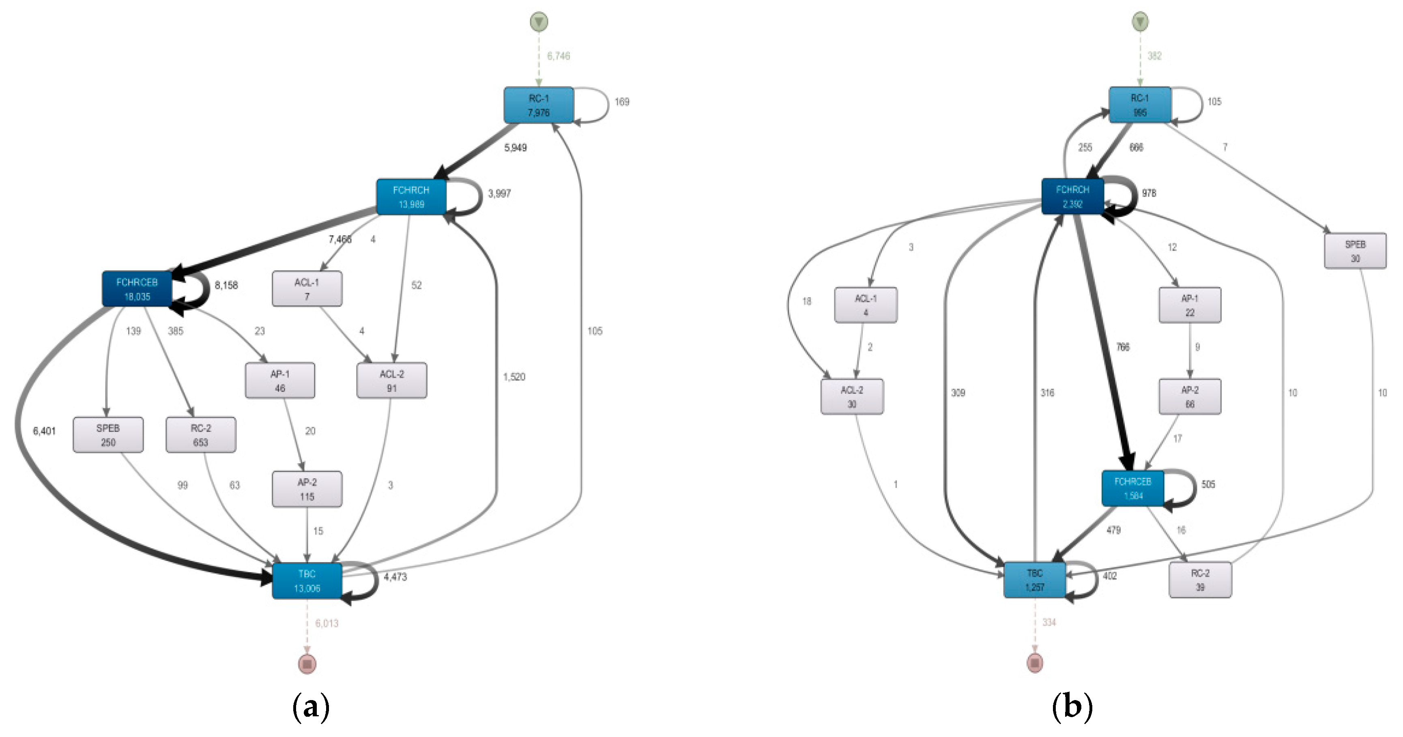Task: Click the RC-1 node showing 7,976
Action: (x=538, y=105)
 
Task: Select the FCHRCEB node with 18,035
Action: (x=137, y=289)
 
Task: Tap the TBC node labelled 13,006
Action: (x=307, y=581)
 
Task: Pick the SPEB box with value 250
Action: (x=108, y=435)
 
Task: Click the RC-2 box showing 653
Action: (x=200, y=435)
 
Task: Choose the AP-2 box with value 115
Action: (x=307, y=489)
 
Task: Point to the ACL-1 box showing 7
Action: (x=307, y=289)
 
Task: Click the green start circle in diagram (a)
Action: (x=539, y=22)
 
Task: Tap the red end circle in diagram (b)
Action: (x=1035, y=663)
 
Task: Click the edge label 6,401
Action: (x=44, y=431)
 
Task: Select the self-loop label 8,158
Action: (x=226, y=285)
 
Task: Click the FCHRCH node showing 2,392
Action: (x=1072, y=197)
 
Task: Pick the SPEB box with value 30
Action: (x=1355, y=251)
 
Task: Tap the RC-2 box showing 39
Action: (x=1200, y=580)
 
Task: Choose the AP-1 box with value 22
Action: (x=1190, y=305)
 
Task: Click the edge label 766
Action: (x=1122, y=347)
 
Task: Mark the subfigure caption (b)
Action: (x=1072, y=707)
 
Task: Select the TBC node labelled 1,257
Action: (x=1034, y=580)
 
